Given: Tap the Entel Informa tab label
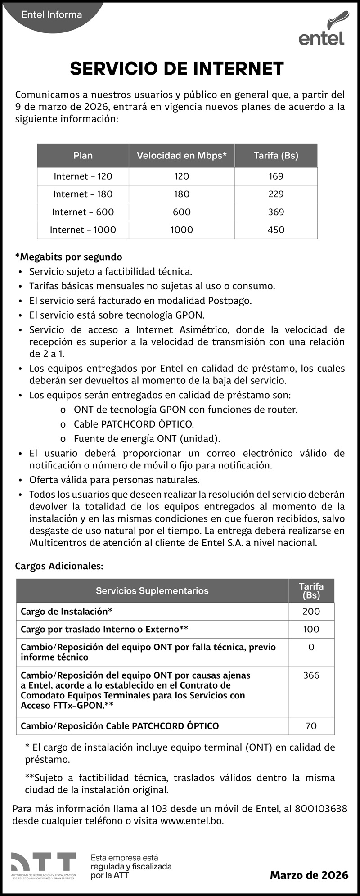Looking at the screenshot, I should [52, 15].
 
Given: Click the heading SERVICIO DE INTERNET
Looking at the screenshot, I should [177, 69].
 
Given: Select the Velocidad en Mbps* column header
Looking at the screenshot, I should [181, 156].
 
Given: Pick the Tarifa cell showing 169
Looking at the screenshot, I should [276, 176].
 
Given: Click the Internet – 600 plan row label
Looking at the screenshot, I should [83, 212].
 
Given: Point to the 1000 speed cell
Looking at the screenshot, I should [181, 230].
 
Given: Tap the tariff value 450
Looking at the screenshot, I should [276, 230].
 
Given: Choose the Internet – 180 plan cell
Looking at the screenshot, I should [83, 194].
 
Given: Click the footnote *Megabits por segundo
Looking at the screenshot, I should [68, 257].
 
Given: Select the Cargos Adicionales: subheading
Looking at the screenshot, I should [59, 566].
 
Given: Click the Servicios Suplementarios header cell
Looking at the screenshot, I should [152, 591].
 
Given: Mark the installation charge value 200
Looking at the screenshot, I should [311, 612].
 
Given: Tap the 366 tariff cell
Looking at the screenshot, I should [311, 675].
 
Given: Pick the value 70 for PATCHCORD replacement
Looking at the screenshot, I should [311, 726].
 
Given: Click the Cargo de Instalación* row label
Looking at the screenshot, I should [67, 612].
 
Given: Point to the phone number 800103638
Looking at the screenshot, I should [321, 809].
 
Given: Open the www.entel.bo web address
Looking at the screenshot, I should [191, 820].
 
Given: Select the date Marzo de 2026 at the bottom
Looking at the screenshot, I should [309, 875].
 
